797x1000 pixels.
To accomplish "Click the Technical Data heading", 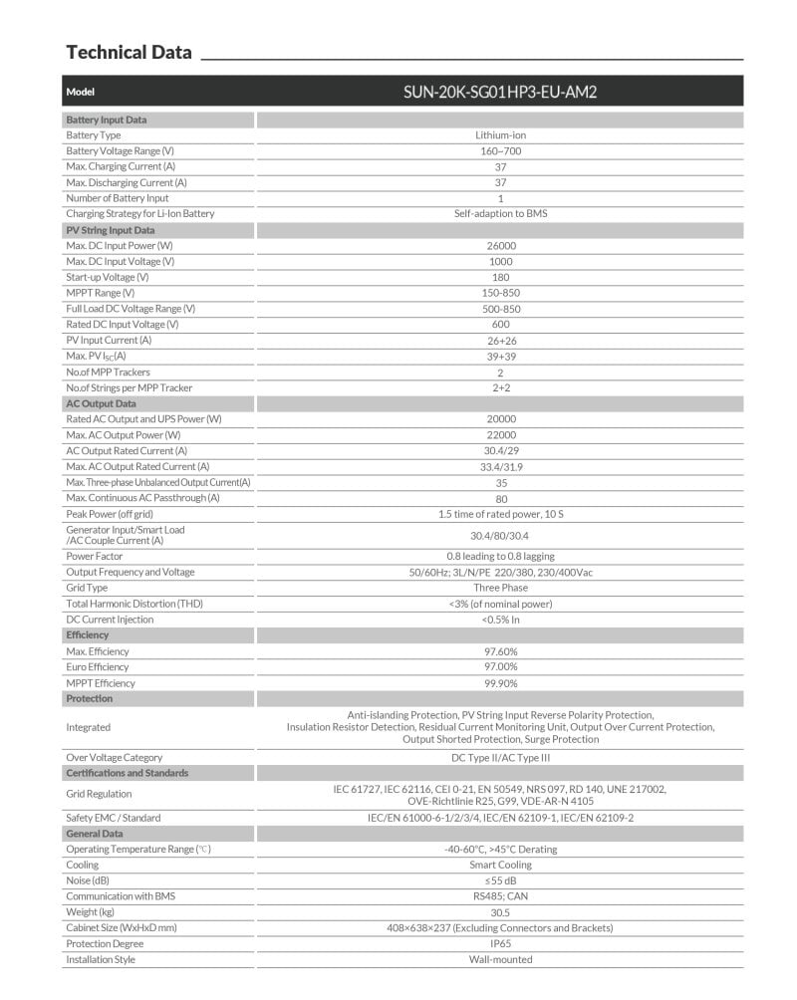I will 129,52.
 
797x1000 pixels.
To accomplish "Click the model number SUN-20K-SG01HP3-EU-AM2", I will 500,92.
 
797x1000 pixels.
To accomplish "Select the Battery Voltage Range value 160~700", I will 500,150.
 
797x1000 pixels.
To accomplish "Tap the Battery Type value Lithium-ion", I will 500,134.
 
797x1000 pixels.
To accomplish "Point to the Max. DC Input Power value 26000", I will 500,245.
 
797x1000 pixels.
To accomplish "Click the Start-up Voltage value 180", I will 500,277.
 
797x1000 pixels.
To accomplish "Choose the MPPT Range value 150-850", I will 500,293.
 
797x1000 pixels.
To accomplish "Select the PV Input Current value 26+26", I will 500,340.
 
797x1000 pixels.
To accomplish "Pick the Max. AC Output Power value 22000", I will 500,435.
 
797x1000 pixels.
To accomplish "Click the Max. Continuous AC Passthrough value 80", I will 500,498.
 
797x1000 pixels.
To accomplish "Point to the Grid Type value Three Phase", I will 500,588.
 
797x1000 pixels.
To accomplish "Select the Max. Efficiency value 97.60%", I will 500,651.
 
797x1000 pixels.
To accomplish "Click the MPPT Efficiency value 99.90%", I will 500,683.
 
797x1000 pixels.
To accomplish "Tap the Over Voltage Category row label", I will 114,757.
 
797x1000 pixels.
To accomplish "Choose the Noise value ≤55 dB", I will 500,880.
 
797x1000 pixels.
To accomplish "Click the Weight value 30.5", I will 500,911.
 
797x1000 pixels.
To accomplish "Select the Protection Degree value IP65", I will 500,943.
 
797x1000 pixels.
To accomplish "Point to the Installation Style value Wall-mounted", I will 500,959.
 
